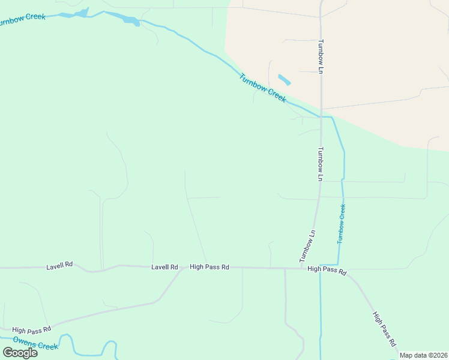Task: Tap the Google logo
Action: (x=20, y=353)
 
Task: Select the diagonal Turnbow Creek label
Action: (x=262, y=88)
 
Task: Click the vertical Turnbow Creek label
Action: (x=341, y=223)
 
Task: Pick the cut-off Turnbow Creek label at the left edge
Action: (x=22, y=19)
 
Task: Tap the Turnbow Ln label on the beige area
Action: (x=321, y=57)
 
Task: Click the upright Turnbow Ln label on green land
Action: (x=321, y=164)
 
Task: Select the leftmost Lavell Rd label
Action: (x=59, y=265)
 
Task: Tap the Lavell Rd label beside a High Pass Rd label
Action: (x=164, y=266)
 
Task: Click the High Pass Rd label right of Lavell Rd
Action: (x=209, y=266)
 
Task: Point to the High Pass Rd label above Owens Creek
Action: (x=31, y=329)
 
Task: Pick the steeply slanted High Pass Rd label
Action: (x=384, y=329)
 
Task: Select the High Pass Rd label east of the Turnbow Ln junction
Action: (x=327, y=271)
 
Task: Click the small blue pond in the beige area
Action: (x=285, y=79)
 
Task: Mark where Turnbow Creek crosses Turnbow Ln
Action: (x=322, y=116)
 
